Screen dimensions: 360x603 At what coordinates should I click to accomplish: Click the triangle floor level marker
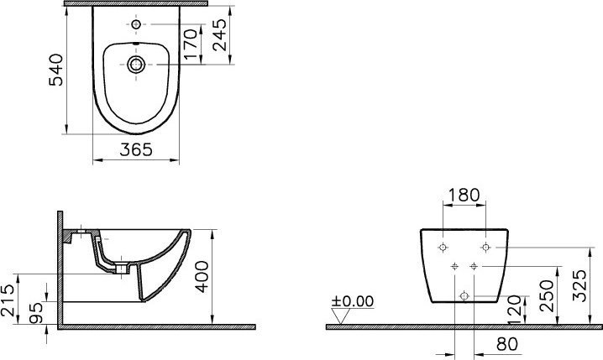339,316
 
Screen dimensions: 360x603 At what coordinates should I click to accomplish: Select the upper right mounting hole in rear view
485,248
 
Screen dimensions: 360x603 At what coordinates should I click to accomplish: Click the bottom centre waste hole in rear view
464,295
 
